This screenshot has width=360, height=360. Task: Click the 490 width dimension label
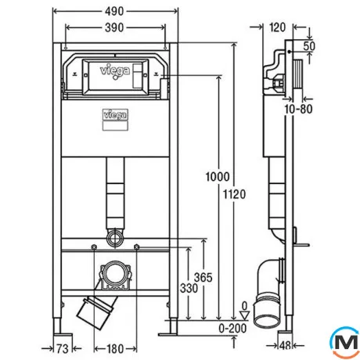pos(114,11)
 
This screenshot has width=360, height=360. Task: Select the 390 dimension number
pos(114,27)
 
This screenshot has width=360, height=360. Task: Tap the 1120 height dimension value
pos(234,195)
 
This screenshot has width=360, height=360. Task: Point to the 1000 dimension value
pos(218,177)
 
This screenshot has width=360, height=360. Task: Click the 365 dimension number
pos(203,278)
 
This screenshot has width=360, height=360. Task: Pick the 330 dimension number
pos(189,289)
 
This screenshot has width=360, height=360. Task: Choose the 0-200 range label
pos(232,329)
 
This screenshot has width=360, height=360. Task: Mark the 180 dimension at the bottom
pos(115,349)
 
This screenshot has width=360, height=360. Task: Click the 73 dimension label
pos(63,349)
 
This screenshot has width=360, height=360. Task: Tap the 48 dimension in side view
pos(285,346)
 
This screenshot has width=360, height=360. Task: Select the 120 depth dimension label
pos(277,27)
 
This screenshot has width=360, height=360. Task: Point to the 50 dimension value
pos(309,46)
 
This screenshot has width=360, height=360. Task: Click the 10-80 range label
pos(298,109)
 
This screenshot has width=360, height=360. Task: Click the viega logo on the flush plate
pos(115,71)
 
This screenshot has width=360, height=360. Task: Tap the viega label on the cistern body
pos(115,115)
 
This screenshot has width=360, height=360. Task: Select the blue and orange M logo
pos(345,343)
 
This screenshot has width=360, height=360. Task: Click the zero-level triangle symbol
pos(244,315)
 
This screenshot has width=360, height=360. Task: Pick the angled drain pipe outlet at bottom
pos(95,311)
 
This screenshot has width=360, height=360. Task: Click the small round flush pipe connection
pos(115,237)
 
